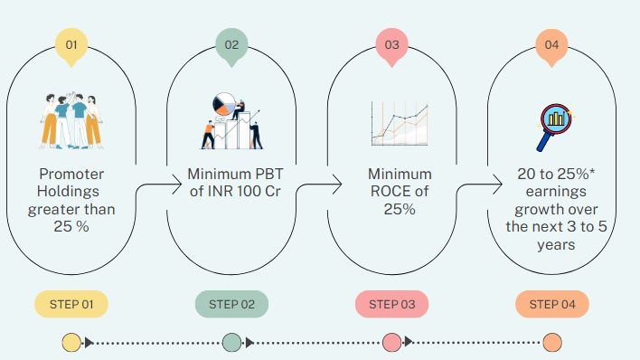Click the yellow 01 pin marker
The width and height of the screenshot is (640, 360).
71,46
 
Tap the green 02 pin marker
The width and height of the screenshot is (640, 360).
231,46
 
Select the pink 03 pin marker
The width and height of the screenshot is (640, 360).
391,46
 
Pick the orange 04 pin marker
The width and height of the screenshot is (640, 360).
551,46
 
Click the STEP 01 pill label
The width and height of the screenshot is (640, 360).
71,304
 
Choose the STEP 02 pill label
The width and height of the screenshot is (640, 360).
231,304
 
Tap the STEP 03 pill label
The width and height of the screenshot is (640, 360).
391,304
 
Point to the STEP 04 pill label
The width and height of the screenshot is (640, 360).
552,304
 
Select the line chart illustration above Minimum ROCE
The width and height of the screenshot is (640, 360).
400,123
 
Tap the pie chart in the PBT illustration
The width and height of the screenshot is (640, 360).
224,104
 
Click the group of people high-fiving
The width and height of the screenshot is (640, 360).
71,121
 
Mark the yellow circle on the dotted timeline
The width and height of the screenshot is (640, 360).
71,343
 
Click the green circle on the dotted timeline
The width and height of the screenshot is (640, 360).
231,343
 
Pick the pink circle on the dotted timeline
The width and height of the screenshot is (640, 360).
391,343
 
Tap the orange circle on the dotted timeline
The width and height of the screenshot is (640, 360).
552,343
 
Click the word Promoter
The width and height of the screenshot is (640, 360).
71,174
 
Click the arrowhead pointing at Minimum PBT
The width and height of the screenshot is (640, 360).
178,185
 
